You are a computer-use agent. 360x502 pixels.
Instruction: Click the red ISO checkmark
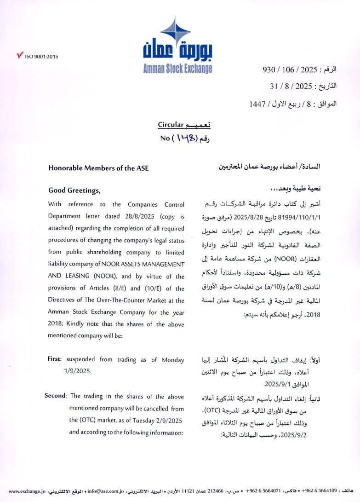click(19, 56)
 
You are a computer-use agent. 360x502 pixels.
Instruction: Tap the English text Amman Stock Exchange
click(177, 69)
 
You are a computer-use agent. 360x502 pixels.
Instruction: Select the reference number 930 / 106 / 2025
click(290, 69)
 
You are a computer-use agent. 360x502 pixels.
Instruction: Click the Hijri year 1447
click(257, 104)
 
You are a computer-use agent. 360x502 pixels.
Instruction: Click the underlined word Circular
click(171, 124)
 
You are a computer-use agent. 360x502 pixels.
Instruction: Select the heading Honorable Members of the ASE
click(98, 168)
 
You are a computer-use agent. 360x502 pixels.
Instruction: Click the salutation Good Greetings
click(74, 190)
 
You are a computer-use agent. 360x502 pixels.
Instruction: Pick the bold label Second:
click(56, 396)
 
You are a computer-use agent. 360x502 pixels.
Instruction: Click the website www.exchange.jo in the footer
click(27, 491)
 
